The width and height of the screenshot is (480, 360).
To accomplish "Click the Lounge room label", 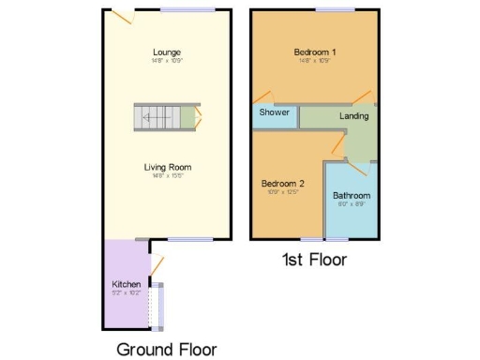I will (168, 52).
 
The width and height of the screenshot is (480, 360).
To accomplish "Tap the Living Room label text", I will (168, 167).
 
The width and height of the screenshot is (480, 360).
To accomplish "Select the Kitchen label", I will (127, 284).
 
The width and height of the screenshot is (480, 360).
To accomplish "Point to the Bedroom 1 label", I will (314, 52).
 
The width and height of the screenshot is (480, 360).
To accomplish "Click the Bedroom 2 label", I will (283, 183).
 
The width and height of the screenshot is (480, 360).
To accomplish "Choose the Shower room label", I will (274, 112).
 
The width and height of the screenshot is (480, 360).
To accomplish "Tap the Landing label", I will (353, 116).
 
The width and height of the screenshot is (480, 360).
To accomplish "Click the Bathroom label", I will (352, 196).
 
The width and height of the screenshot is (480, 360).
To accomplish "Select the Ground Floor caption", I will (167, 349).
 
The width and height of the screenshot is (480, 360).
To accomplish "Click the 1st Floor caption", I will (315, 260).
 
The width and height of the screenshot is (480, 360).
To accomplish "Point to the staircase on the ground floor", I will (165, 118).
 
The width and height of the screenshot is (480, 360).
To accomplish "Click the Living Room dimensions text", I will (168, 176).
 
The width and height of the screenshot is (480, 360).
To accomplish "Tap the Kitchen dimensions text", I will (127, 292).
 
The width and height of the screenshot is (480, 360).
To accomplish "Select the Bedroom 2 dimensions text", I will (283, 192).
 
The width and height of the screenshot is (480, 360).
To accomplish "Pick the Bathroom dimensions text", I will (352, 204).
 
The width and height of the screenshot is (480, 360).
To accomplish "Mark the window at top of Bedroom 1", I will (327, 10).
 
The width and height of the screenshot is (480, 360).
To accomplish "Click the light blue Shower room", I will (274, 117).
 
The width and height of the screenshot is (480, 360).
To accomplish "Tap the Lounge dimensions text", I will (168, 61).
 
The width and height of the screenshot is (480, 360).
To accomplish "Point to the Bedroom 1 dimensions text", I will (314, 61).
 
